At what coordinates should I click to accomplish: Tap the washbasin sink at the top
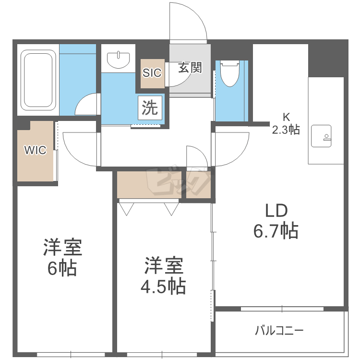pyautogui.click(x=118, y=60)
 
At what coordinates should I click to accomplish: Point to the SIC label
pyautogui.click(x=152, y=73)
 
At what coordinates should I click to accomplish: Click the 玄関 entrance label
pyautogui.click(x=190, y=68)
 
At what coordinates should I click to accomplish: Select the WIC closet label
pyautogui.click(x=36, y=150)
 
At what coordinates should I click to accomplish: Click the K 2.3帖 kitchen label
pyautogui.click(x=286, y=123)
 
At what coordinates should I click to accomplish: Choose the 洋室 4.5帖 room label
pyautogui.click(x=163, y=276)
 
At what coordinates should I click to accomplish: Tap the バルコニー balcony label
pyautogui.click(x=279, y=330)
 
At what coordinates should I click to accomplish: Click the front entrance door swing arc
pyautogui.click(x=189, y=22)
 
